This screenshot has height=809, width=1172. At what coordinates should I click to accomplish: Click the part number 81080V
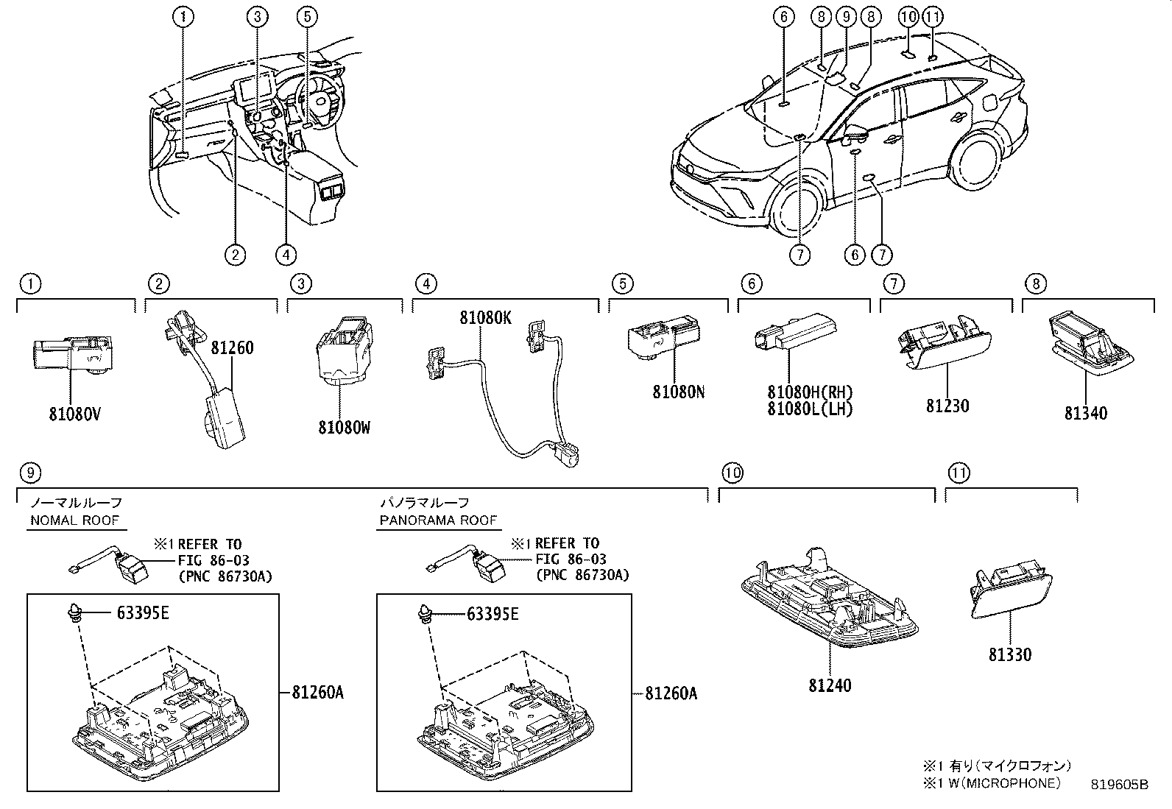click(75, 414)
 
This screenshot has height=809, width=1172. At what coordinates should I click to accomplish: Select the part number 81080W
click(345, 428)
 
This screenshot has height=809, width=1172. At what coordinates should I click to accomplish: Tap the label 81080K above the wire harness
click(486, 317)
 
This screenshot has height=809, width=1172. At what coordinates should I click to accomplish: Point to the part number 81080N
click(679, 392)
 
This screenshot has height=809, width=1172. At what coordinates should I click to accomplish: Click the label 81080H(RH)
click(810, 392)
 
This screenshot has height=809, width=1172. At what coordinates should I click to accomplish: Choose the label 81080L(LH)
click(810, 409)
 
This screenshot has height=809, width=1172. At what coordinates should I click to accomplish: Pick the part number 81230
click(947, 406)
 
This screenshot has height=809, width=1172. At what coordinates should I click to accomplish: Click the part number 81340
click(1086, 414)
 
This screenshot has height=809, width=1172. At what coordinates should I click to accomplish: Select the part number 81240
click(830, 685)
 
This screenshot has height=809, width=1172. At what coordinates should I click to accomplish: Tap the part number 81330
click(1010, 654)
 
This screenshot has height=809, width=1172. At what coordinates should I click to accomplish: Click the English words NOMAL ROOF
click(75, 520)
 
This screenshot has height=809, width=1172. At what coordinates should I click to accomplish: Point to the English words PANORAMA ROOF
click(438, 520)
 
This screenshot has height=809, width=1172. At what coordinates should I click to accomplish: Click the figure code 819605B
click(1119, 785)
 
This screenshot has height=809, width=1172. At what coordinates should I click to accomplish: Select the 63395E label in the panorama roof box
click(493, 614)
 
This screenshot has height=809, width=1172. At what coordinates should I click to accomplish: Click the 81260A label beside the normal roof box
click(317, 692)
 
